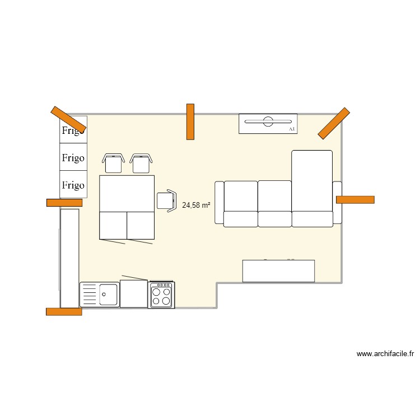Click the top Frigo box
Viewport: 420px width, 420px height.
[73, 130]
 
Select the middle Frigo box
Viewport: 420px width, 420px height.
[73, 157]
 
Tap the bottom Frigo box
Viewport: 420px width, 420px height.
[73, 185]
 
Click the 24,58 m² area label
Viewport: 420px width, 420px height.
[196, 206]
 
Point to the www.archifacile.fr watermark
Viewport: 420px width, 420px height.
[385, 354]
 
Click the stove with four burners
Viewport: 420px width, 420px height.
[161, 295]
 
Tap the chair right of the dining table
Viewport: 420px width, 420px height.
[167, 200]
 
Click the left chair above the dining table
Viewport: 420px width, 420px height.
[114, 162]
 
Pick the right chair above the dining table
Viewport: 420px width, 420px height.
[141, 162]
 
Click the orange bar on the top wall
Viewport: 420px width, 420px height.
[190, 121]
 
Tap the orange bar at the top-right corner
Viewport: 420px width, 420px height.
[334, 123]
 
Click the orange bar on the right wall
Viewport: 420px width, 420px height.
[355, 199]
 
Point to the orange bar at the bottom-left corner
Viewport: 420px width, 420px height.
[64, 311]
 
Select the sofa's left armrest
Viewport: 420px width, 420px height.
[219, 202]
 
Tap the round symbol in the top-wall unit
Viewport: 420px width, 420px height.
[268, 120]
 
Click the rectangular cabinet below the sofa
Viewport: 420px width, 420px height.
[278, 271]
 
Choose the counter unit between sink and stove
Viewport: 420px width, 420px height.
[134, 294]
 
